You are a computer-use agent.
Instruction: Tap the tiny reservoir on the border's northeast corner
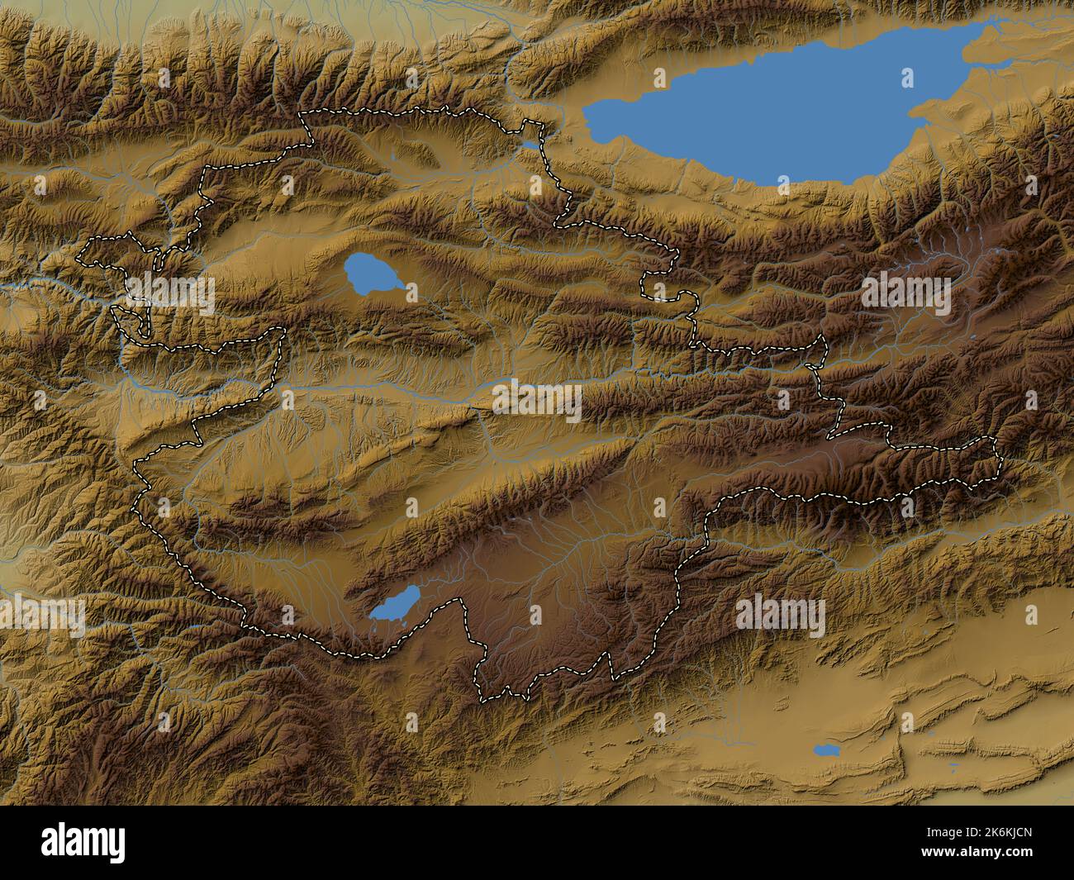click(x=528, y=145)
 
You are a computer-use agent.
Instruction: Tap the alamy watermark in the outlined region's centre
click(x=537, y=400)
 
